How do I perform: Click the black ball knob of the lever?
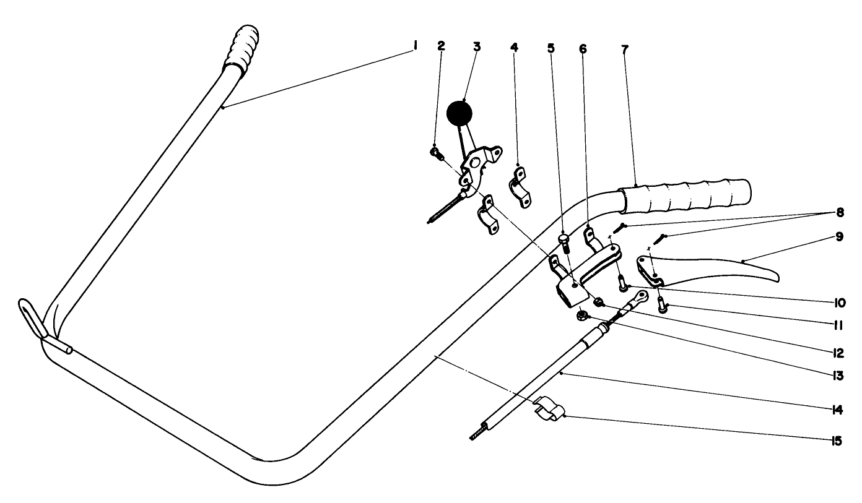pyautogui.click(x=459, y=113)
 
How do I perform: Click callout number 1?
pyautogui.click(x=414, y=46)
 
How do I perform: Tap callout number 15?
pyautogui.click(x=835, y=441)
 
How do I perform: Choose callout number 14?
pyautogui.click(x=836, y=410)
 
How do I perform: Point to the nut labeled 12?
pyautogui.click(x=599, y=303)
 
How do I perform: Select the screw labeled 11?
pyautogui.click(x=662, y=306)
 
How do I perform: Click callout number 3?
pyautogui.click(x=476, y=47)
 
